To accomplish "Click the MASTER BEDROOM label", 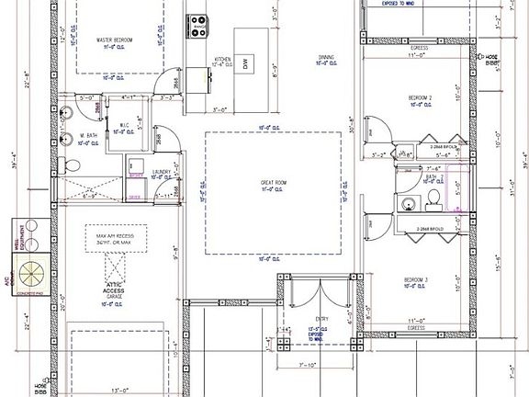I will (117, 40).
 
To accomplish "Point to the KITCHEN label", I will (222, 60).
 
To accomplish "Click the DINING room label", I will (326, 58).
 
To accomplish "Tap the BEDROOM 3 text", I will (419, 280).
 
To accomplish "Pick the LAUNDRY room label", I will (139, 171).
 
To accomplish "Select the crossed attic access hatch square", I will (116, 266).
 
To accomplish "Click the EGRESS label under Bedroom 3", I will (419, 326).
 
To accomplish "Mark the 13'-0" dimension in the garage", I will (118, 389).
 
